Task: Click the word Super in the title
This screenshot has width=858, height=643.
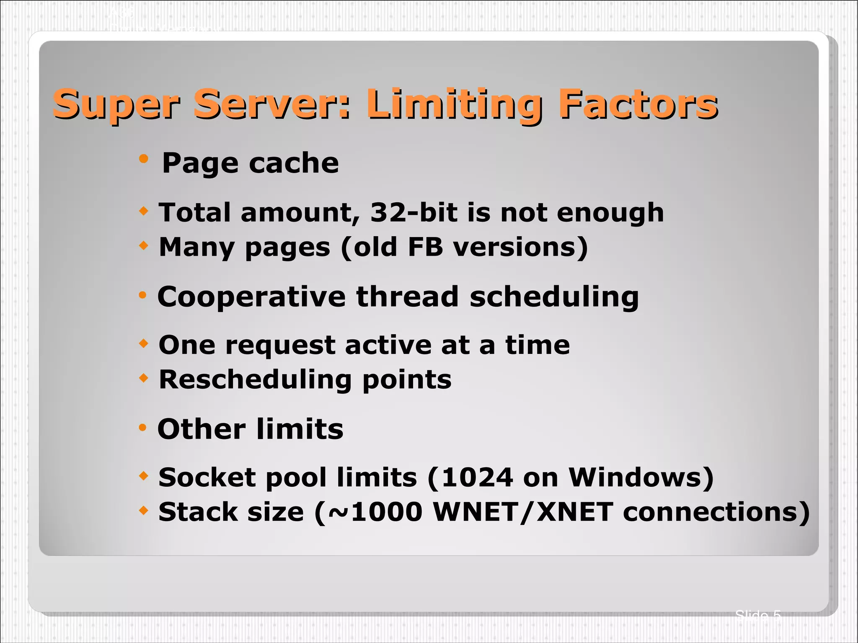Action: pyautogui.click(x=116, y=104)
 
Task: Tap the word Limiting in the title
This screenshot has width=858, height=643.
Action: pyautogui.click(x=454, y=104)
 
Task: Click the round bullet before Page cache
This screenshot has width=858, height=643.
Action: pyautogui.click(x=144, y=159)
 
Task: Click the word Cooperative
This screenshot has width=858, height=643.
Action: pyautogui.click(x=251, y=297)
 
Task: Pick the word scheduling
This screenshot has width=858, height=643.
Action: pyautogui.click(x=554, y=297)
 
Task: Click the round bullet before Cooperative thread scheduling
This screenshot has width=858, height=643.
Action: pyautogui.click(x=142, y=295)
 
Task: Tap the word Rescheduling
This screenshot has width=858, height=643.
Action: pyautogui.click(x=255, y=380)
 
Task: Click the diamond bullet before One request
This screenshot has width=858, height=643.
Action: pyautogui.click(x=144, y=344)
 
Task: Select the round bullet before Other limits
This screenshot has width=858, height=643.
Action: pyautogui.click(x=142, y=428)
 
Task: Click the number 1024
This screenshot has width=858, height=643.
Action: pyautogui.click(x=477, y=477)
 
